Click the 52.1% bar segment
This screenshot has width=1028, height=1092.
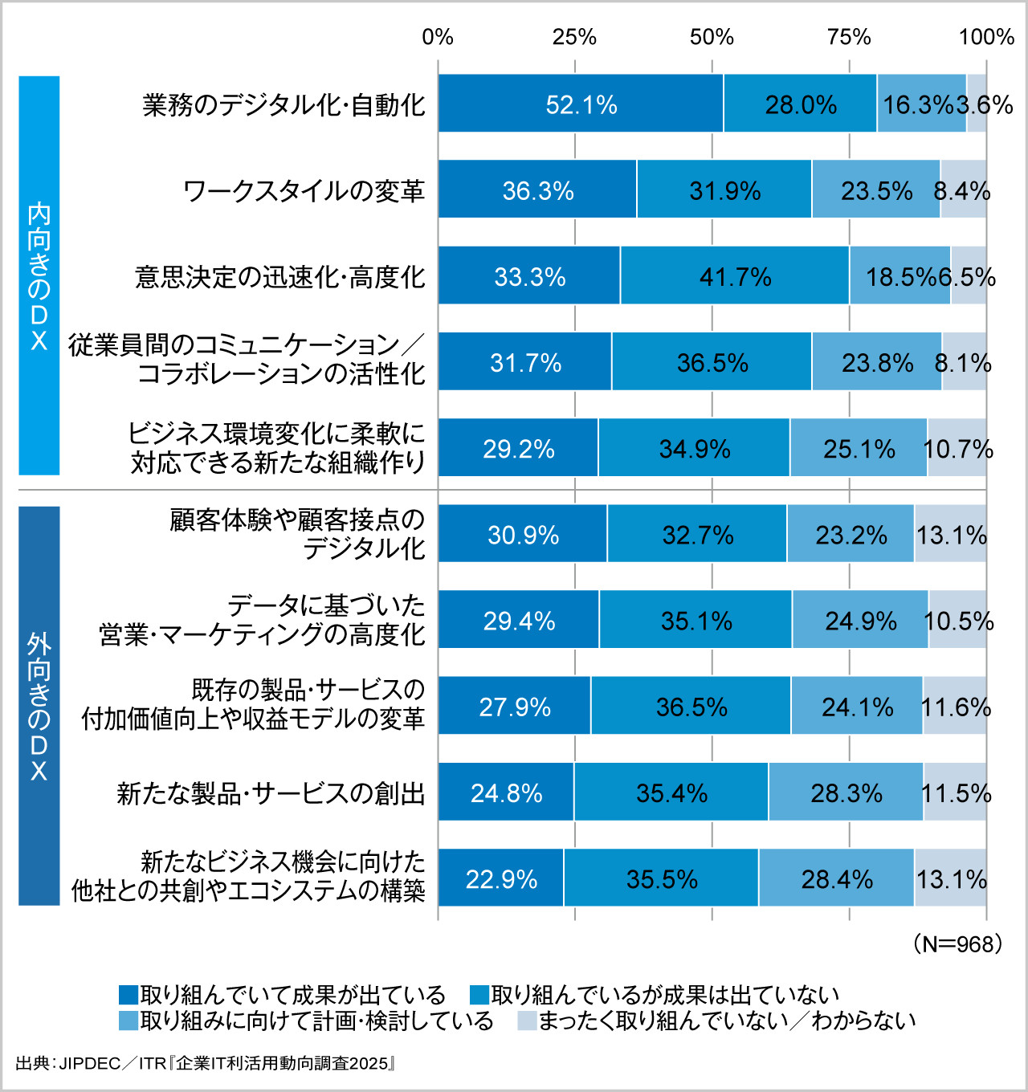(x=581, y=104)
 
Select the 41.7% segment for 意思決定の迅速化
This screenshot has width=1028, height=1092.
(x=735, y=276)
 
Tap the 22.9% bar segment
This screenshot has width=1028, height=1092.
(x=501, y=878)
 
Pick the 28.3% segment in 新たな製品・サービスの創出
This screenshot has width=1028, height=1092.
(x=846, y=793)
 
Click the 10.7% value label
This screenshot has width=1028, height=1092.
(x=958, y=448)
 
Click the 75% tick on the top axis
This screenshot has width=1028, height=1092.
(x=849, y=37)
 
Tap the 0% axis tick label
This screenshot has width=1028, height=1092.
(x=438, y=37)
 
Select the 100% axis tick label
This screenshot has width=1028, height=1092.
(x=986, y=37)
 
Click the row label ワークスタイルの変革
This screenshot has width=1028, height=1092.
(x=304, y=190)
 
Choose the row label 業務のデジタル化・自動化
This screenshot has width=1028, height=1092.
(x=284, y=104)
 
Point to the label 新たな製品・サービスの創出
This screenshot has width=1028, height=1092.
(x=271, y=793)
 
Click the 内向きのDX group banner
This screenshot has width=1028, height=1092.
(x=39, y=275)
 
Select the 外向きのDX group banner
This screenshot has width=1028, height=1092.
(x=39, y=705)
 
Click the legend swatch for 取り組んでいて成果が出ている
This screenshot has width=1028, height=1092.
(x=128, y=995)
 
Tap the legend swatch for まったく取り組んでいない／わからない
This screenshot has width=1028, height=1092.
(x=527, y=1021)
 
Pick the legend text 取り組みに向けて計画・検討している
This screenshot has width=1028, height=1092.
(x=316, y=1021)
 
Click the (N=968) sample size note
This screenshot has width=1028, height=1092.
(x=957, y=943)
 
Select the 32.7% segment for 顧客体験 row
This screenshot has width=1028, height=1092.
(x=697, y=534)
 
